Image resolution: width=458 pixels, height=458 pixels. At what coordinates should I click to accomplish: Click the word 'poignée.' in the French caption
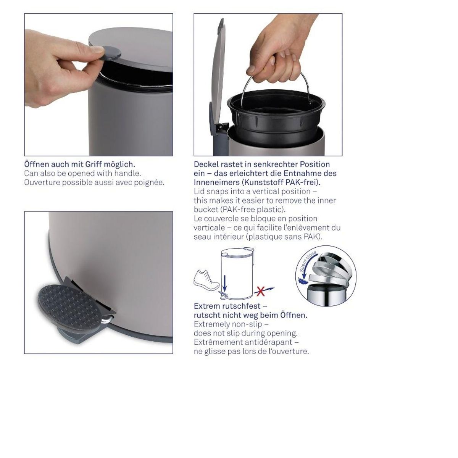pos(149,182)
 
